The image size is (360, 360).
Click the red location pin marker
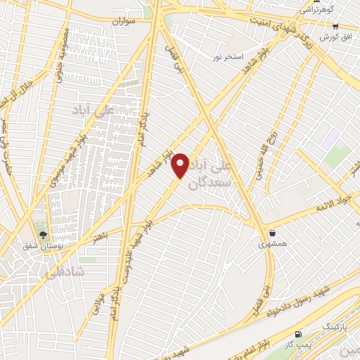[181, 165]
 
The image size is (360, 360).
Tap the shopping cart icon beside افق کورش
[335, 26]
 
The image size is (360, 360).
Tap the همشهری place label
[272, 244]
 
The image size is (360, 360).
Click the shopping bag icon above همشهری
[272, 233]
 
